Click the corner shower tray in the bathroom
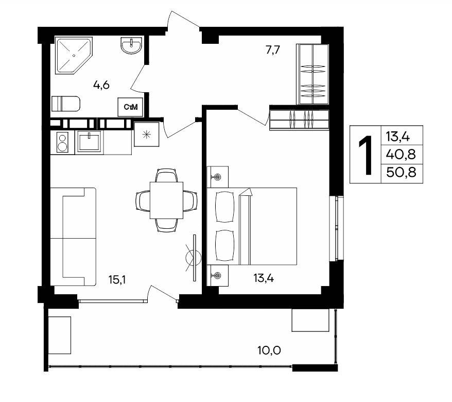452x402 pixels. tap(74, 55)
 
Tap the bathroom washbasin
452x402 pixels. tap(131, 45)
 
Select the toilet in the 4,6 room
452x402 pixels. tap(65, 104)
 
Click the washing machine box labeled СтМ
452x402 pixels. tap(130, 107)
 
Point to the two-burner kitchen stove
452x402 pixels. tap(63, 142)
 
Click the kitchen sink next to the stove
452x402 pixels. tap(89, 141)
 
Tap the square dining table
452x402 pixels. tap(166, 200)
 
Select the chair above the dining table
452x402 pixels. tap(166, 175)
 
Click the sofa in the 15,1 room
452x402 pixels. tap(73, 237)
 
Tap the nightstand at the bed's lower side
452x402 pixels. tap(218, 276)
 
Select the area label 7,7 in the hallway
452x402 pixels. tap(273, 50)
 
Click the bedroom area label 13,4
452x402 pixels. tap(264, 278)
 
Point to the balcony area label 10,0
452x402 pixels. tap(269, 350)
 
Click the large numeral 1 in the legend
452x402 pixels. tap(366, 155)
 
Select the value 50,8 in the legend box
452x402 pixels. tap(401, 172)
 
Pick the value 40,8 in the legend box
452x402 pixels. tap(401, 155)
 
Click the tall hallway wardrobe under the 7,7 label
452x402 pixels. tap(312, 74)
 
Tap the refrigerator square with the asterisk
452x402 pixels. tap(147, 134)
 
